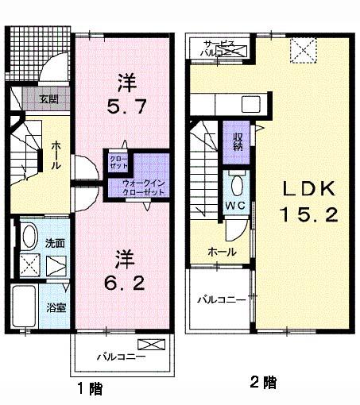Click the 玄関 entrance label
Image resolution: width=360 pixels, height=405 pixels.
click(x=50, y=99)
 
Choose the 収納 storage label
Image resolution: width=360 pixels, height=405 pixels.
click(x=237, y=141)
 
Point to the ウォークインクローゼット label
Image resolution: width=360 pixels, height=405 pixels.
click(x=144, y=187)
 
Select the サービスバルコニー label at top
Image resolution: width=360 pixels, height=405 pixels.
click(x=216, y=47)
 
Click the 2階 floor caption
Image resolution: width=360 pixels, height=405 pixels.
click(x=264, y=384)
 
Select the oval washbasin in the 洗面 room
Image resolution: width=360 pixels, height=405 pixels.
click(x=28, y=237)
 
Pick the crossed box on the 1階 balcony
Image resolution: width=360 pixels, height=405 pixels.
click(x=149, y=345)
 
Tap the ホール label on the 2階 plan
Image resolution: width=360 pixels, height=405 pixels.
click(x=219, y=252)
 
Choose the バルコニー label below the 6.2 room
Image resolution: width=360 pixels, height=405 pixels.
click(x=122, y=357)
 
